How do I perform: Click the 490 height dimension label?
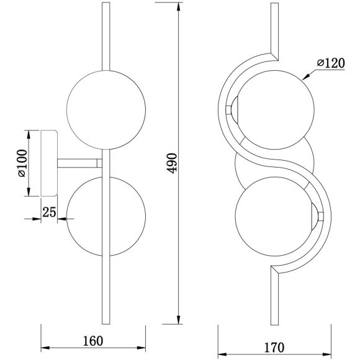click(x=172, y=163)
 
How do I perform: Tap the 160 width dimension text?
click(x=92, y=341)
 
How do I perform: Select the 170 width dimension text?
click(x=274, y=348)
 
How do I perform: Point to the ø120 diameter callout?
click(x=331, y=63)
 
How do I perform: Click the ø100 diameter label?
click(x=22, y=163)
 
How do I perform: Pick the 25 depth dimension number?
click(x=50, y=212)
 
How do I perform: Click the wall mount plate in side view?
click(x=49, y=163)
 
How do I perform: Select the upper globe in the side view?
click(x=106, y=110)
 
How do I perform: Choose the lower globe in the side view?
click(x=106, y=216)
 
